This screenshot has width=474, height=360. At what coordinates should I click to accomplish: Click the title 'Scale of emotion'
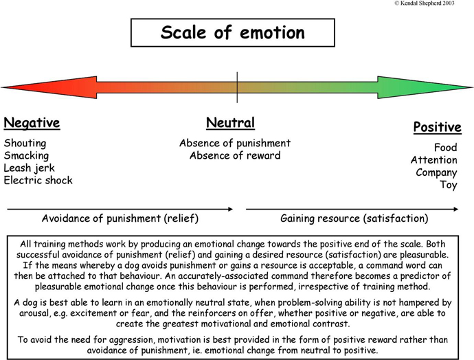(232, 32)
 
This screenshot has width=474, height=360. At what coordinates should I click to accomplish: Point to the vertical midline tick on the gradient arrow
(237, 87)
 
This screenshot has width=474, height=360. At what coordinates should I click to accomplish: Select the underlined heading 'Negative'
(32, 123)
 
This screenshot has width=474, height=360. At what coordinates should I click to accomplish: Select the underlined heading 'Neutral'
(230, 123)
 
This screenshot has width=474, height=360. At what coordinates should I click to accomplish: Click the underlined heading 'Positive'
(437, 127)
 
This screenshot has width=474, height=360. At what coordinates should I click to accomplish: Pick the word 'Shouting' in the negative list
(25, 144)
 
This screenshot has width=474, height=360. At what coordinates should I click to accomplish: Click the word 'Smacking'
(26, 156)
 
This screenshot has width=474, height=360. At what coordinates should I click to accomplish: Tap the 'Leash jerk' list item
(30, 168)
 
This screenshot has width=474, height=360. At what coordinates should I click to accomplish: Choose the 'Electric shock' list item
(38, 180)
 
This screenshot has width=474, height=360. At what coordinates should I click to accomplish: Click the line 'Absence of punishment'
(235, 143)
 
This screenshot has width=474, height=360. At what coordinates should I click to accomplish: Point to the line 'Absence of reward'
(235, 155)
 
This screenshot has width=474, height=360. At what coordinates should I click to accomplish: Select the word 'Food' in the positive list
(446, 148)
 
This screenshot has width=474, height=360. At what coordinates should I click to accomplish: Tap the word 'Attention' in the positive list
(433, 160)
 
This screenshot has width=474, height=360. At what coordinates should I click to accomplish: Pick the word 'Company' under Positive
(436, 172)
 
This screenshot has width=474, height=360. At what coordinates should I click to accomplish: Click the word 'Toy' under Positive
(449, 185)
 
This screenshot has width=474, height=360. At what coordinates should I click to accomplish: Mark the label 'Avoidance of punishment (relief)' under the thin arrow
(120, 218)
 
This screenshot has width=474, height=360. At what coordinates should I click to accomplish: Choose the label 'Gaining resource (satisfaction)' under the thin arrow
(354, 218)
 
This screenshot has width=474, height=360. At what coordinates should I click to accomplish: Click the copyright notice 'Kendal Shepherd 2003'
(425, 3)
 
